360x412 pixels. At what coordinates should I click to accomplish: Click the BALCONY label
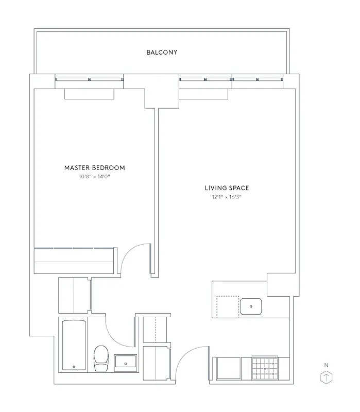[x=162, y=53]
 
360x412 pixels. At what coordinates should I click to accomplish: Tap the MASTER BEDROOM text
[x=94, y=168]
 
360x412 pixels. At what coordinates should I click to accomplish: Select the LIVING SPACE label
[x=227, y=188]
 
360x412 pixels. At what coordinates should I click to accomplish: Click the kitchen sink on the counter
[x=251, y=306]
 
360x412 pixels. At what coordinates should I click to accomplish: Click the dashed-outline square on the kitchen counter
[x=228, y=305]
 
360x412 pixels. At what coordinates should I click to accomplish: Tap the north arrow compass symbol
[x=325, y=377]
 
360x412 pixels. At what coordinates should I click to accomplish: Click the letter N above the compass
[x=325, y=365]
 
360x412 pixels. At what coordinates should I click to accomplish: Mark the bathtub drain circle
[x=74, y=367]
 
